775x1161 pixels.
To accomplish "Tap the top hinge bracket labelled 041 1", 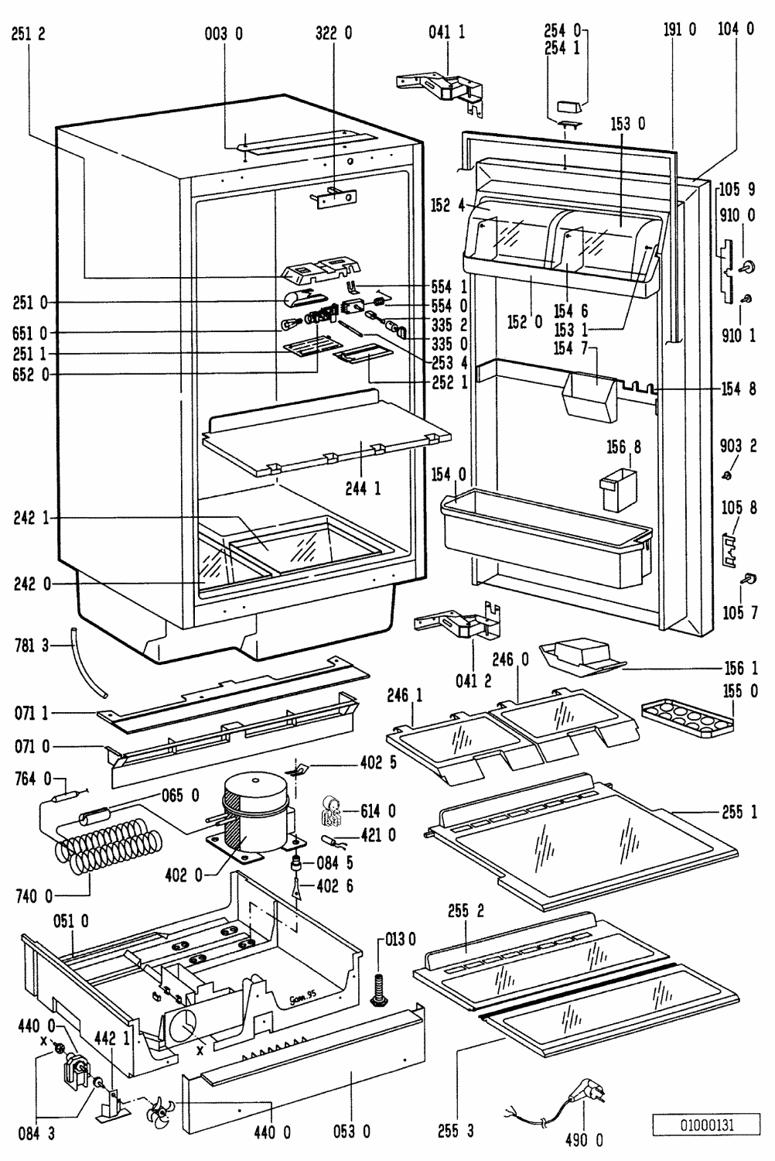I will (446, 91).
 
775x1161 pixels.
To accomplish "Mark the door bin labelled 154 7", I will (588, 395).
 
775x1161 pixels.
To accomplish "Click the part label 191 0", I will (680, 29).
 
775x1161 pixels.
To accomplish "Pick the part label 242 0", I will (31, 584).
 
